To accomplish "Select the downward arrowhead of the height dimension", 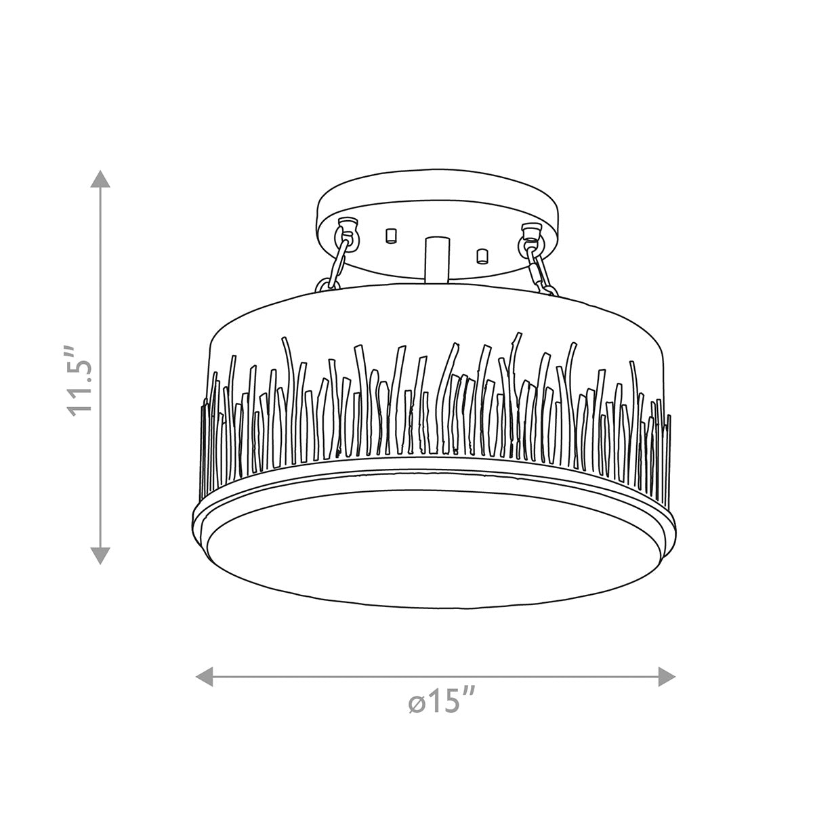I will [101, 555].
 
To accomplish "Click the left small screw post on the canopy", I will [390, 236].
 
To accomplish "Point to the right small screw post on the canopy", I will [482, 255].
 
